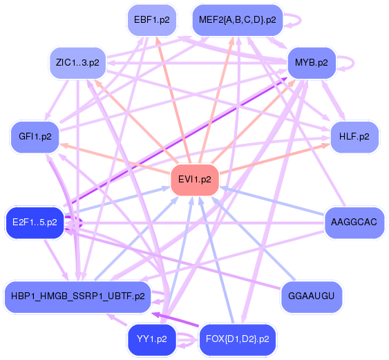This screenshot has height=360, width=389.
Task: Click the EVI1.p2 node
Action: (x=195, y=180)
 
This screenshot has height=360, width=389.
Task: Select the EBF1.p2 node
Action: (x=152, y=20)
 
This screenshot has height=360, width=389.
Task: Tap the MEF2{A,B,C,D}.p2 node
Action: (x=238, y=20)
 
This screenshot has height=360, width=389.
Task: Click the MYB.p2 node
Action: (x=312, y=63)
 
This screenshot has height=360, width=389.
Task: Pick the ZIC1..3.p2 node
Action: (x=77, y=63)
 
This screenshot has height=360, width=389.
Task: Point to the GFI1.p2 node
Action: (x=35, y=137)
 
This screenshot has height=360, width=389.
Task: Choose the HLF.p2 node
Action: (x=354, y=137)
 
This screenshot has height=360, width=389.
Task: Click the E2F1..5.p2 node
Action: (x=35, y=222)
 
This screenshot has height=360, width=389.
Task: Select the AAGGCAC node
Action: (x=354, y=222)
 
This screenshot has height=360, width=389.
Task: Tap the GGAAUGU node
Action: (x=312, y=296)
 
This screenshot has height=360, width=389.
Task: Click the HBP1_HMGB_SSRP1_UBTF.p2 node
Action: (x=78, y=296)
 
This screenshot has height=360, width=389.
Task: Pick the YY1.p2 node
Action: (x=152, y=339)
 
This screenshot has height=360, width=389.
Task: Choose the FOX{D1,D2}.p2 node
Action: (x=238, y=339)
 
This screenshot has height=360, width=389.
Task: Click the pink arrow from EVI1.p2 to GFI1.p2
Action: (x=115, y=158)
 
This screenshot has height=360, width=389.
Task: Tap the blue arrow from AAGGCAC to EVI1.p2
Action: (x=272, y=200)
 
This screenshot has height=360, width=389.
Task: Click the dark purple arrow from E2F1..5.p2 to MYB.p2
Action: (x=175, y=142)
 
